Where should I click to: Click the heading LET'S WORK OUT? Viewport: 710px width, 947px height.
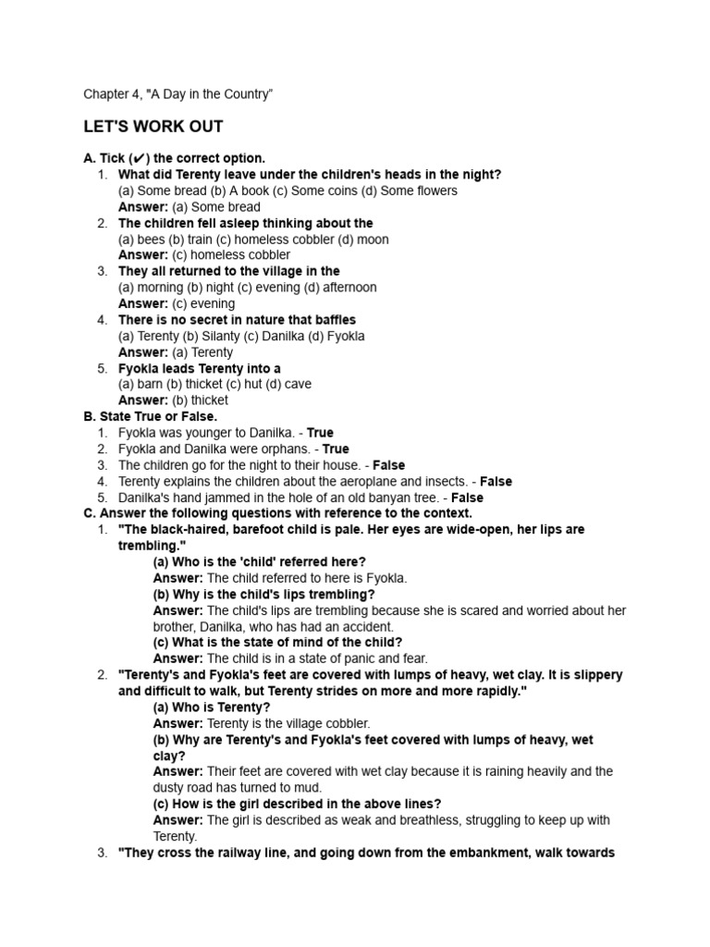coord(153,127)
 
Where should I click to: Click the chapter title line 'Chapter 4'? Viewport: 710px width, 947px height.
coord(177,94)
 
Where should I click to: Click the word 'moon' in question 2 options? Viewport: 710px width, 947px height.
coord(373,240)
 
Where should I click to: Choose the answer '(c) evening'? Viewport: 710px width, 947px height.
coord(203,303)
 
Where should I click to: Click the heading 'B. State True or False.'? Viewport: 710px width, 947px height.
coord(151,417)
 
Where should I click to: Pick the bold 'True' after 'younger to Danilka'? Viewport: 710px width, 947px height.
coord(320,433)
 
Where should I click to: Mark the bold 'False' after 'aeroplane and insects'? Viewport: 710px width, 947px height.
coord(496,482)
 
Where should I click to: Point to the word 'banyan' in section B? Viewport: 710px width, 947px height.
coord(381,498)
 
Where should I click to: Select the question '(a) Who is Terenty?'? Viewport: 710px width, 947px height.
coord(212,707)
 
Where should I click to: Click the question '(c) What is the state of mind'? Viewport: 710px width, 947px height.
coord(277,643)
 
